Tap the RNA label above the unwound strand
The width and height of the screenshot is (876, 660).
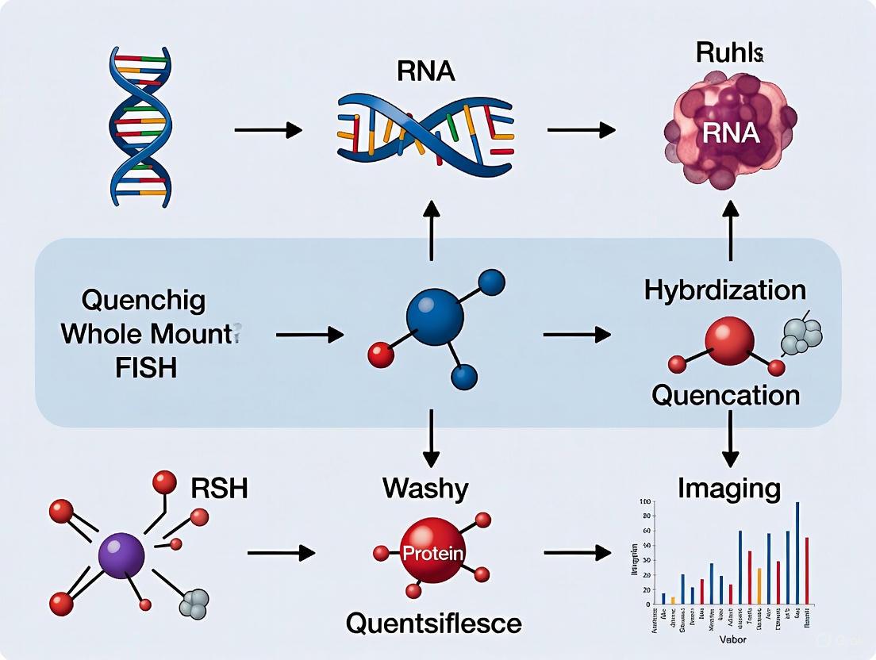click(x=427, y=71)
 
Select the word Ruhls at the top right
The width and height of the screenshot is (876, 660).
click(x=729, y=53)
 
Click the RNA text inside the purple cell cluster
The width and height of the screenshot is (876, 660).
click(x=728, y=132)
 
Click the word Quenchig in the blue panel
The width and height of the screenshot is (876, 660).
click(x=144, y=301)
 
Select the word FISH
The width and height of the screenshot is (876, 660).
click(x=144, y=368)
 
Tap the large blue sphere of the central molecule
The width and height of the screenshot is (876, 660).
click(x=435, y=316)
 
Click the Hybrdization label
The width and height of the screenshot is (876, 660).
click(x=725, y=290)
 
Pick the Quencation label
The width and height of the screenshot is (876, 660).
click(x=725, y=394)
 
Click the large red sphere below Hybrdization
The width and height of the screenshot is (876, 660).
click(x=728, y=340)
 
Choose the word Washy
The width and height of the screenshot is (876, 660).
click(x=425, y=487)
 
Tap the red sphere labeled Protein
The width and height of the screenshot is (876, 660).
click(x=432, y=552)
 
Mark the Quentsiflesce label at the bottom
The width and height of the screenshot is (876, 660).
click(x=433, y=624)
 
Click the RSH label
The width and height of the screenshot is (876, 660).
click(x=219, y=488)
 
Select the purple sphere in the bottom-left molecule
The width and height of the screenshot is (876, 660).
click(x=121, y=554)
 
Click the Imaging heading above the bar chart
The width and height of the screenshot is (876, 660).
click(x=728, y=488)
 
